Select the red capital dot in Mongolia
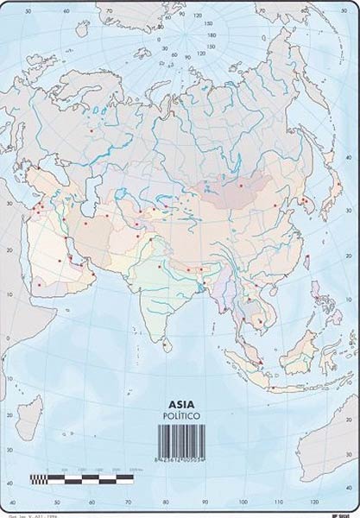click(240, 184)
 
